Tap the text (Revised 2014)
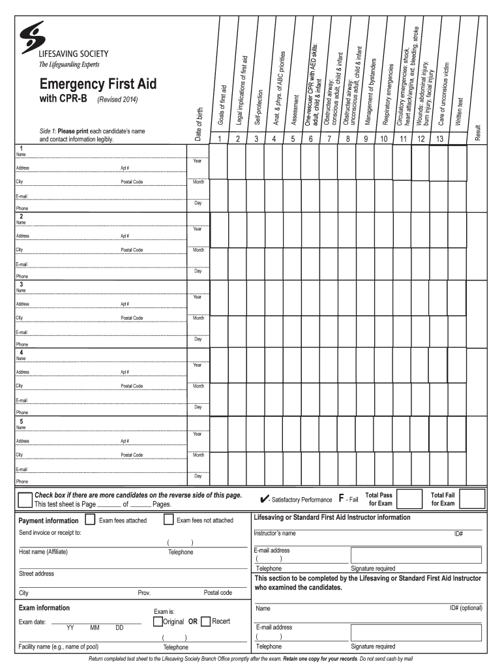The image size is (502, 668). click(x=118, y=100)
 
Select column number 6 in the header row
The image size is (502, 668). click(x=310, y=138)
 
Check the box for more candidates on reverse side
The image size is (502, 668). click(x=25, y=500)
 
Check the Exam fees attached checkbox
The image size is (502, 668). click(x=89, y=520)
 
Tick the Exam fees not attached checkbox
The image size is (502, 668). click(x=168, y=520)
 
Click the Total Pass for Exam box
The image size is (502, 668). click(x=409, y=499)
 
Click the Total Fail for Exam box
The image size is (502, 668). click(x=474, y=499)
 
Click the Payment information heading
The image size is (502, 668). click(x=48, y=521)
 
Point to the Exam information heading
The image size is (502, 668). click(x=44, y=607)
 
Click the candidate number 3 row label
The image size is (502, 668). click(x=22, y=284)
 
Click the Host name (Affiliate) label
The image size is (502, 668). click(x=43, y=552)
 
